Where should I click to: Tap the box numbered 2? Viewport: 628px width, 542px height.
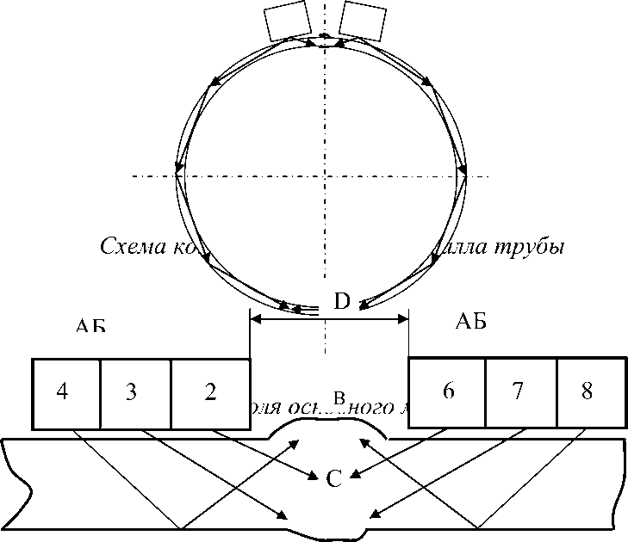coord(210,392)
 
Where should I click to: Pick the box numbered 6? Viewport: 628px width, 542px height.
coord(447,391)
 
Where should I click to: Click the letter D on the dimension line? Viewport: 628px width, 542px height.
coord(341,302)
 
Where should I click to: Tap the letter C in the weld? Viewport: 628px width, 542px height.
coord(335,478)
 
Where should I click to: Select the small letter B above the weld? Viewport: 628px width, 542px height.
coord(339,398)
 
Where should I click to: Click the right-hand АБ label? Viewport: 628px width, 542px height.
coord(469,323)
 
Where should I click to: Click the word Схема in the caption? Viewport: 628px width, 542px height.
coord(128,247)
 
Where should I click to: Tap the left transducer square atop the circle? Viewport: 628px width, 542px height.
coord(288,22)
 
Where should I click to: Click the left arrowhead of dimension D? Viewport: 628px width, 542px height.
coord(255,319)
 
